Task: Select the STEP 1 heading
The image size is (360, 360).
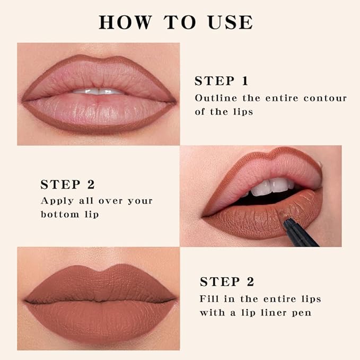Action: pos(221,81)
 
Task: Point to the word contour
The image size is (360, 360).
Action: pos(326,98)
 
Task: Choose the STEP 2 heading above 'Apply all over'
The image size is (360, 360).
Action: pos(67,185)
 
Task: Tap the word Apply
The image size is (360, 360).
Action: pos(56,201)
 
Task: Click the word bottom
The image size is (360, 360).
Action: pos(55,214)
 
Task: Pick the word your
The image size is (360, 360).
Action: pos(139,201)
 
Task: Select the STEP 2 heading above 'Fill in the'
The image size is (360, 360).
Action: pos(227,282)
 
